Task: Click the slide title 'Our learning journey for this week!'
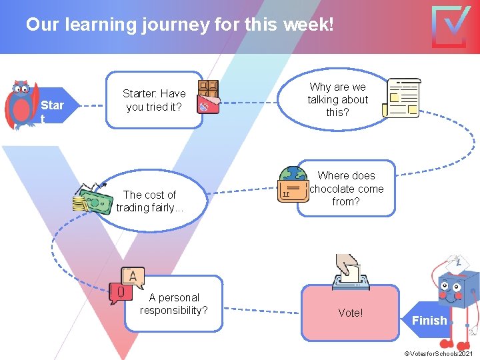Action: (179, 25)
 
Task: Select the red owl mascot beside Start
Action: (21, 105)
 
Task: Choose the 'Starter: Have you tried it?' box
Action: (155, 100)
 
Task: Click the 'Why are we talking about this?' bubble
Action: (337, 100)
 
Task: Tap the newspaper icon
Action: (404, 98)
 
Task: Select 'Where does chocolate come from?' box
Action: (346, 189)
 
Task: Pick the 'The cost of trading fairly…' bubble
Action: (150, 201)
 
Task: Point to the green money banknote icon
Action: (93, 199)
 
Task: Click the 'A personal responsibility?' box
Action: (173, 305)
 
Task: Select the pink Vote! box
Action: (350, 312)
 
